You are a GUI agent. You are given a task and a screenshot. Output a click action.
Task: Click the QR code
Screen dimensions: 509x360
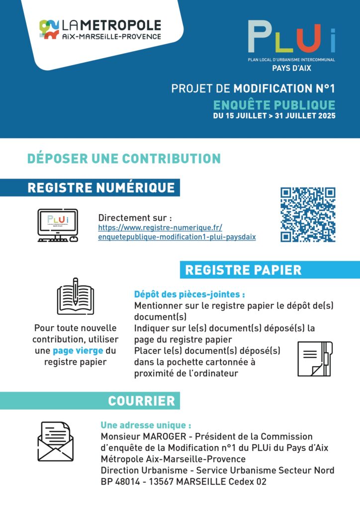(x=308, y=215)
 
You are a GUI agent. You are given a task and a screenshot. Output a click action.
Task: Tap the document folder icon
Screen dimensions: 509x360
(x=314, y=358)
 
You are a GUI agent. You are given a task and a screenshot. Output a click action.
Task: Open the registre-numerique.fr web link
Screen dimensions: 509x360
(x=177, y=232)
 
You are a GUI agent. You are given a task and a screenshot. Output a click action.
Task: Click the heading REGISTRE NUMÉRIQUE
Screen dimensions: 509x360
(x=101, y=187)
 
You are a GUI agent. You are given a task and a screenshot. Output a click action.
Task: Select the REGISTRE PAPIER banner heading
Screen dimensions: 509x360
(x=243, y=270)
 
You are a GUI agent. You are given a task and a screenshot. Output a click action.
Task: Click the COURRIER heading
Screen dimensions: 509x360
(x=141, y=401)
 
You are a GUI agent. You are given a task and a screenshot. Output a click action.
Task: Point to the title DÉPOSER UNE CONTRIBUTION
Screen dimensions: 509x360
(x=124, y=159)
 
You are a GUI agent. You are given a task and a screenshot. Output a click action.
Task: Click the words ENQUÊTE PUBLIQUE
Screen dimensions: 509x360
(x=274, y=105)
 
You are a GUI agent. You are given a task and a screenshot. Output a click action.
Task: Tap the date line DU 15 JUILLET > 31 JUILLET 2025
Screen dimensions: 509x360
(x=274, y=116)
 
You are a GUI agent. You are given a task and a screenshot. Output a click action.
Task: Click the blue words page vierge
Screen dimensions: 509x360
(x=79, y=351)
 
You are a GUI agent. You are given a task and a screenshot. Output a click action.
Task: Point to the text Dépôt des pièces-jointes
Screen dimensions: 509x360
(x=189, y=294)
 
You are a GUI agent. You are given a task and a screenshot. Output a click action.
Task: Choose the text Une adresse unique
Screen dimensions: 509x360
(x=146, y=425)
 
